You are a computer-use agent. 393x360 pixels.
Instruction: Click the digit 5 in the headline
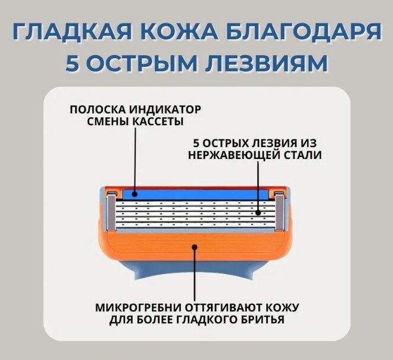pos(72,63)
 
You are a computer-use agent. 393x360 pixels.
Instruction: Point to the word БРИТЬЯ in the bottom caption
pos(262,320)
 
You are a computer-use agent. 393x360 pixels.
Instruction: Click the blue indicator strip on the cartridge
pos(178,193)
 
